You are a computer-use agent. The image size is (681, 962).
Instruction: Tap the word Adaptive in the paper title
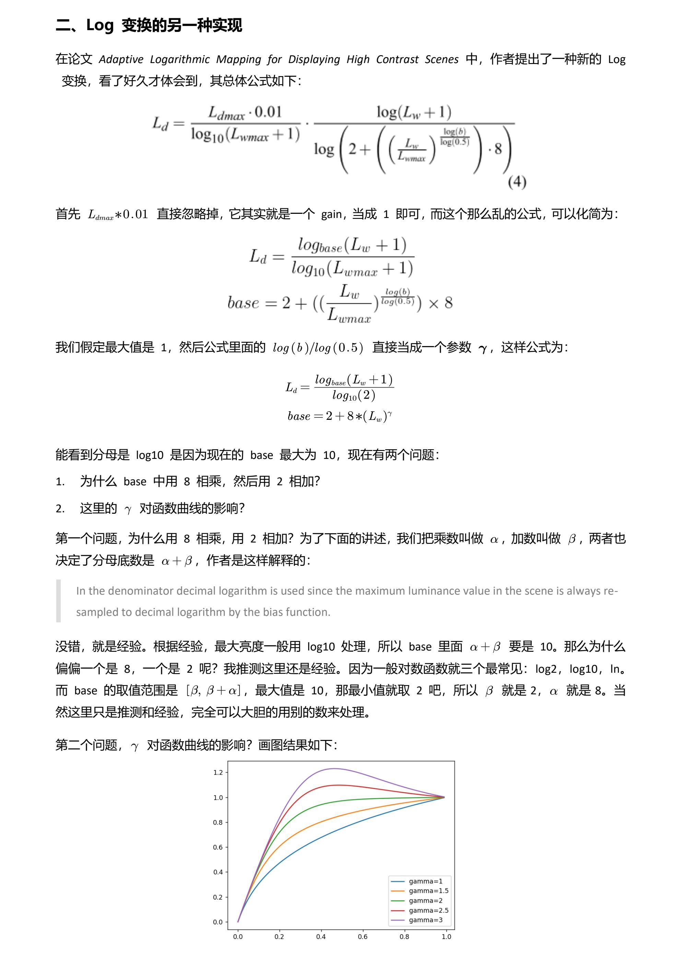point(121,60)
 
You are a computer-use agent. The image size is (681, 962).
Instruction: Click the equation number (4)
point(517,182)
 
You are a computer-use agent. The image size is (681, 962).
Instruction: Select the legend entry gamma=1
point(425,881)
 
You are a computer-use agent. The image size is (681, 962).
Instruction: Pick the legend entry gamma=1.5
point(428,891)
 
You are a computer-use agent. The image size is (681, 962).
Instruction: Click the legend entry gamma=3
point(425,920)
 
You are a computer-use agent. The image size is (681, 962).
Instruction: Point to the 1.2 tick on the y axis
point(218,772)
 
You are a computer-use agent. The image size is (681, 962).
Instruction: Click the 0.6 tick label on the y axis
point(218,847)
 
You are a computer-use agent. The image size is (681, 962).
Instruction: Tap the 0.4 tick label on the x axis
point(321,936)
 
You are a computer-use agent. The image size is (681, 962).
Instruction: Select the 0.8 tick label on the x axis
point(404,936)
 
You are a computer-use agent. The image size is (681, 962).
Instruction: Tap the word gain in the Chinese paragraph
point(331,215)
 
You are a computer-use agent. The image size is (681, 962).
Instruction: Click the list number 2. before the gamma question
point(60,509)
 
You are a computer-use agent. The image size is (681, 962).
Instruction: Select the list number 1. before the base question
point(60,482)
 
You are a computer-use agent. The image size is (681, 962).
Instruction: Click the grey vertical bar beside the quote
point(58,601)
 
